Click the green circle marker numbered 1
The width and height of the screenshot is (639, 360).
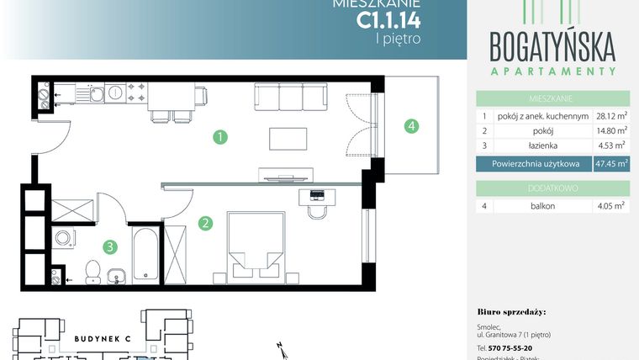click(x=219, y=135)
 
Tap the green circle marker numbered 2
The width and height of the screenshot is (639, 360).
click(x=204, y=223)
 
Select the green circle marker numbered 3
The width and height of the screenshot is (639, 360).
click(x=109, y=247)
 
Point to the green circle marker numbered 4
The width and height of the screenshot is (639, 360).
click(x=410, y=127)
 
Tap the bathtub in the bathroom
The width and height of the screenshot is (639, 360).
click(x=143, y=253)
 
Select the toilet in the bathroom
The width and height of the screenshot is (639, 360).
click(x=93, y=270)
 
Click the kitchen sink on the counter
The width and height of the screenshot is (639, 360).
click(x=98, y=93)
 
